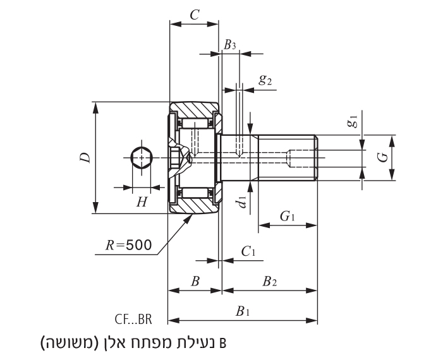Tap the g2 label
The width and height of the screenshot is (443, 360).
(265, 80)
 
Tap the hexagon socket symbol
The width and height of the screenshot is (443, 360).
(142, 158)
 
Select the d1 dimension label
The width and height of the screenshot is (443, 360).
(241, 202)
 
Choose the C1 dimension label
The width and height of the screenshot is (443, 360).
(248, 251)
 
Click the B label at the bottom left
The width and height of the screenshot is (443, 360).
(195, 282)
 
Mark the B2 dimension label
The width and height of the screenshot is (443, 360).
(270, 282)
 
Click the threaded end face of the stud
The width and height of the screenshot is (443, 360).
(316, 158)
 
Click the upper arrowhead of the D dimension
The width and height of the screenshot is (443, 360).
(95, 106)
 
